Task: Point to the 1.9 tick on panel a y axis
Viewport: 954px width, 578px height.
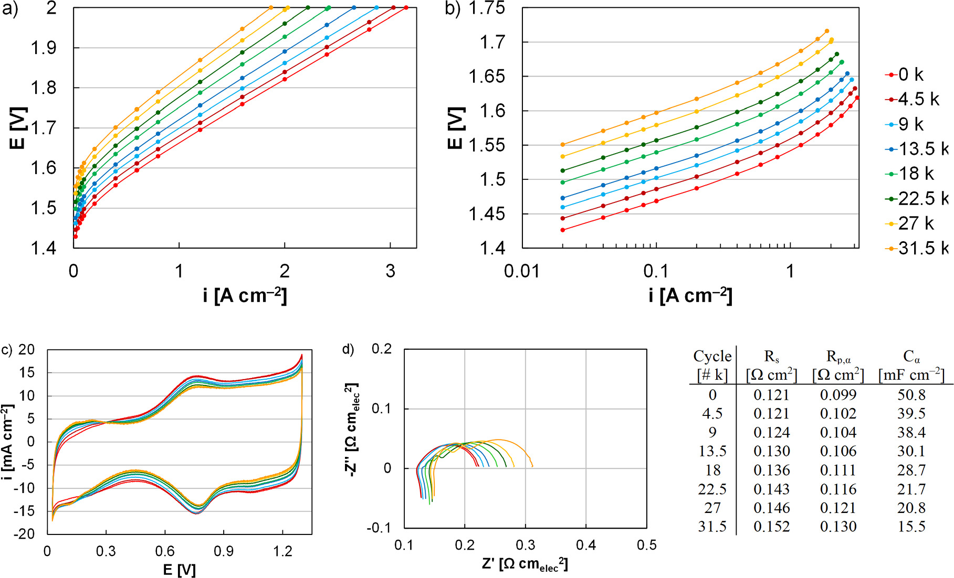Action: click(44, 48)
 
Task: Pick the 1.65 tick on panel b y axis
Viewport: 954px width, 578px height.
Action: click(487, 77)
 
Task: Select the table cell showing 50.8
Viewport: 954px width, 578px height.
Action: click(911, 394)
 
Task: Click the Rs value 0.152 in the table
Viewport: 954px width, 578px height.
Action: click(771, 526)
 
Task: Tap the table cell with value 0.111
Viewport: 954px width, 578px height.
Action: click(838, 470)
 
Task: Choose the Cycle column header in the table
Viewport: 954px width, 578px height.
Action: click(712, 357)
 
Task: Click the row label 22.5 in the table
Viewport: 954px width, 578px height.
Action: click(712, 489)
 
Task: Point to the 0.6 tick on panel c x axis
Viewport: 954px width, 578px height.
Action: click(165, 551)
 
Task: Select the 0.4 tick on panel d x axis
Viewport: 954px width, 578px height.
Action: click(586, 545)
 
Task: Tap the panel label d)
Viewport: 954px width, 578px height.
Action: click(348, 349)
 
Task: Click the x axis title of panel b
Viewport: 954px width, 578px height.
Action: click(690, 296)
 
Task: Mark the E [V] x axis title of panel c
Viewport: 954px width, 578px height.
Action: click(179, 570)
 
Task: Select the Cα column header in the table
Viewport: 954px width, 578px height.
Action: click(911, 357)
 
